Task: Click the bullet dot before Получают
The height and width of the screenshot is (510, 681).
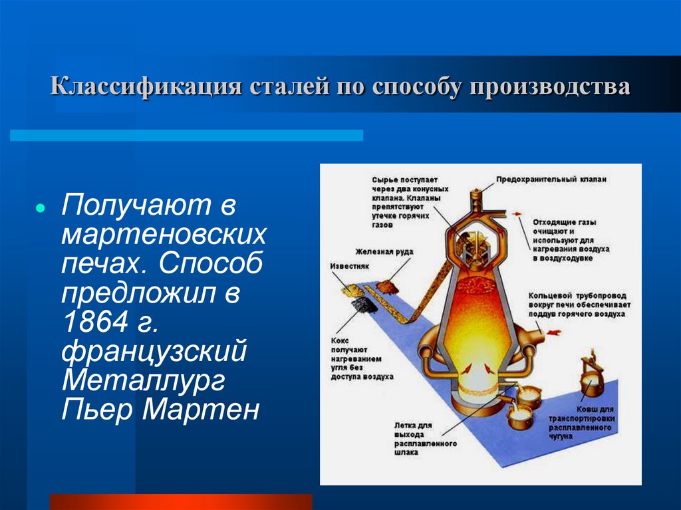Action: (x=41, y=207)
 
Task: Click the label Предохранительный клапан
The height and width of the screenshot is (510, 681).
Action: (x=551, y=179)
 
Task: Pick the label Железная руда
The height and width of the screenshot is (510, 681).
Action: (x=384, y=252)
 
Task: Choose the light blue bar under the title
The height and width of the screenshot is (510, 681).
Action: (x=186, y=135)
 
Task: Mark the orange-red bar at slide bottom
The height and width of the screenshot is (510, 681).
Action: (x=180, y=501)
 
